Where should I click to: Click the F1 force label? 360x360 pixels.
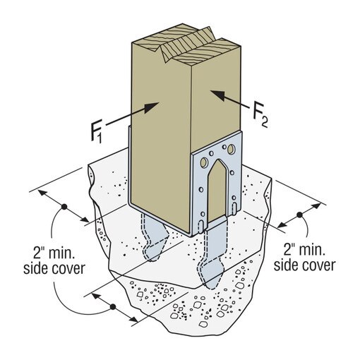tap(97, 131)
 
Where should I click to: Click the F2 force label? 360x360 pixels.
tap(260, 114)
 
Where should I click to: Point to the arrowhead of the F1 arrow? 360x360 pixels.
tap(151, 107)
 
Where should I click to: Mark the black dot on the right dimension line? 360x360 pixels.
tap(299, 215)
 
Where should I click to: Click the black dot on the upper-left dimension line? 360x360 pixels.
tap(64, 207)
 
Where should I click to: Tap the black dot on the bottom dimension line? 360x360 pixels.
tap(113, 307)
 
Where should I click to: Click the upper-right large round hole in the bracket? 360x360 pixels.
tap(231, 148)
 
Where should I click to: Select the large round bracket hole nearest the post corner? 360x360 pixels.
tap(203, 162)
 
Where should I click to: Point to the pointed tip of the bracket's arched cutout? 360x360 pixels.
tap(219, 160)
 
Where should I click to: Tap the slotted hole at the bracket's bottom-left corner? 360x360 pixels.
tap(200, 226)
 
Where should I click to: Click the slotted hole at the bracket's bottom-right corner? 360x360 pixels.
tap(234, 208)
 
